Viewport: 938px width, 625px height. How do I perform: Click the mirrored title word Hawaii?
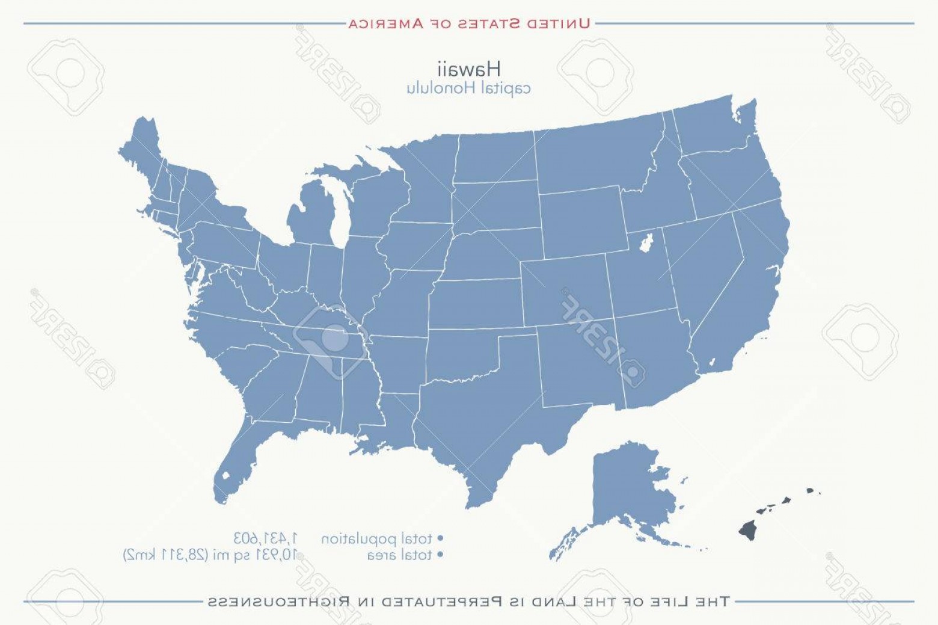[468, 69]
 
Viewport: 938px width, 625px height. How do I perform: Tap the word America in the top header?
[385, 24]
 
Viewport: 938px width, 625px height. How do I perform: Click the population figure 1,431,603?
[266, 537]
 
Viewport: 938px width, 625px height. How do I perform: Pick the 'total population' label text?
[377, 538]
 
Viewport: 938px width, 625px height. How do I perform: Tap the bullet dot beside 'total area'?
[440, 555]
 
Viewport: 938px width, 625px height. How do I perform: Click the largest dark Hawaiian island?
[748, 530]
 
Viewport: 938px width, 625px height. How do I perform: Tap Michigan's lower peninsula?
[313, 217]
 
